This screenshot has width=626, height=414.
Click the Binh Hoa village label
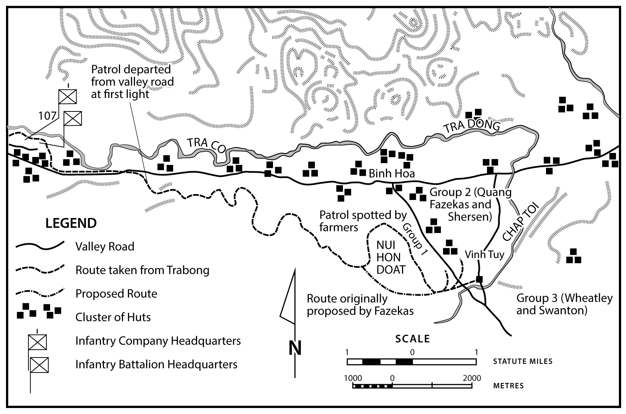click(392, 174)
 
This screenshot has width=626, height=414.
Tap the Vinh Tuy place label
click(484, 255)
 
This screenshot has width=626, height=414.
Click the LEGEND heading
click(71, 223)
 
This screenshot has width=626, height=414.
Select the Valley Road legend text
click(105, 247)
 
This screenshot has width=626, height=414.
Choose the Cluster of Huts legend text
click(113, 317)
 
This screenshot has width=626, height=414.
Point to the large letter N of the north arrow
click(295, 348)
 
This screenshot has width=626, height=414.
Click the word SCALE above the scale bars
click(413, 339)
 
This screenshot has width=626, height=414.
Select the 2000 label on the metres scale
click(472, 378)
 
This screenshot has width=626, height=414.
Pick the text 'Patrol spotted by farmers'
click(362, 221)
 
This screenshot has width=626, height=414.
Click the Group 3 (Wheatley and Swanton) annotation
click(564, 304)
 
